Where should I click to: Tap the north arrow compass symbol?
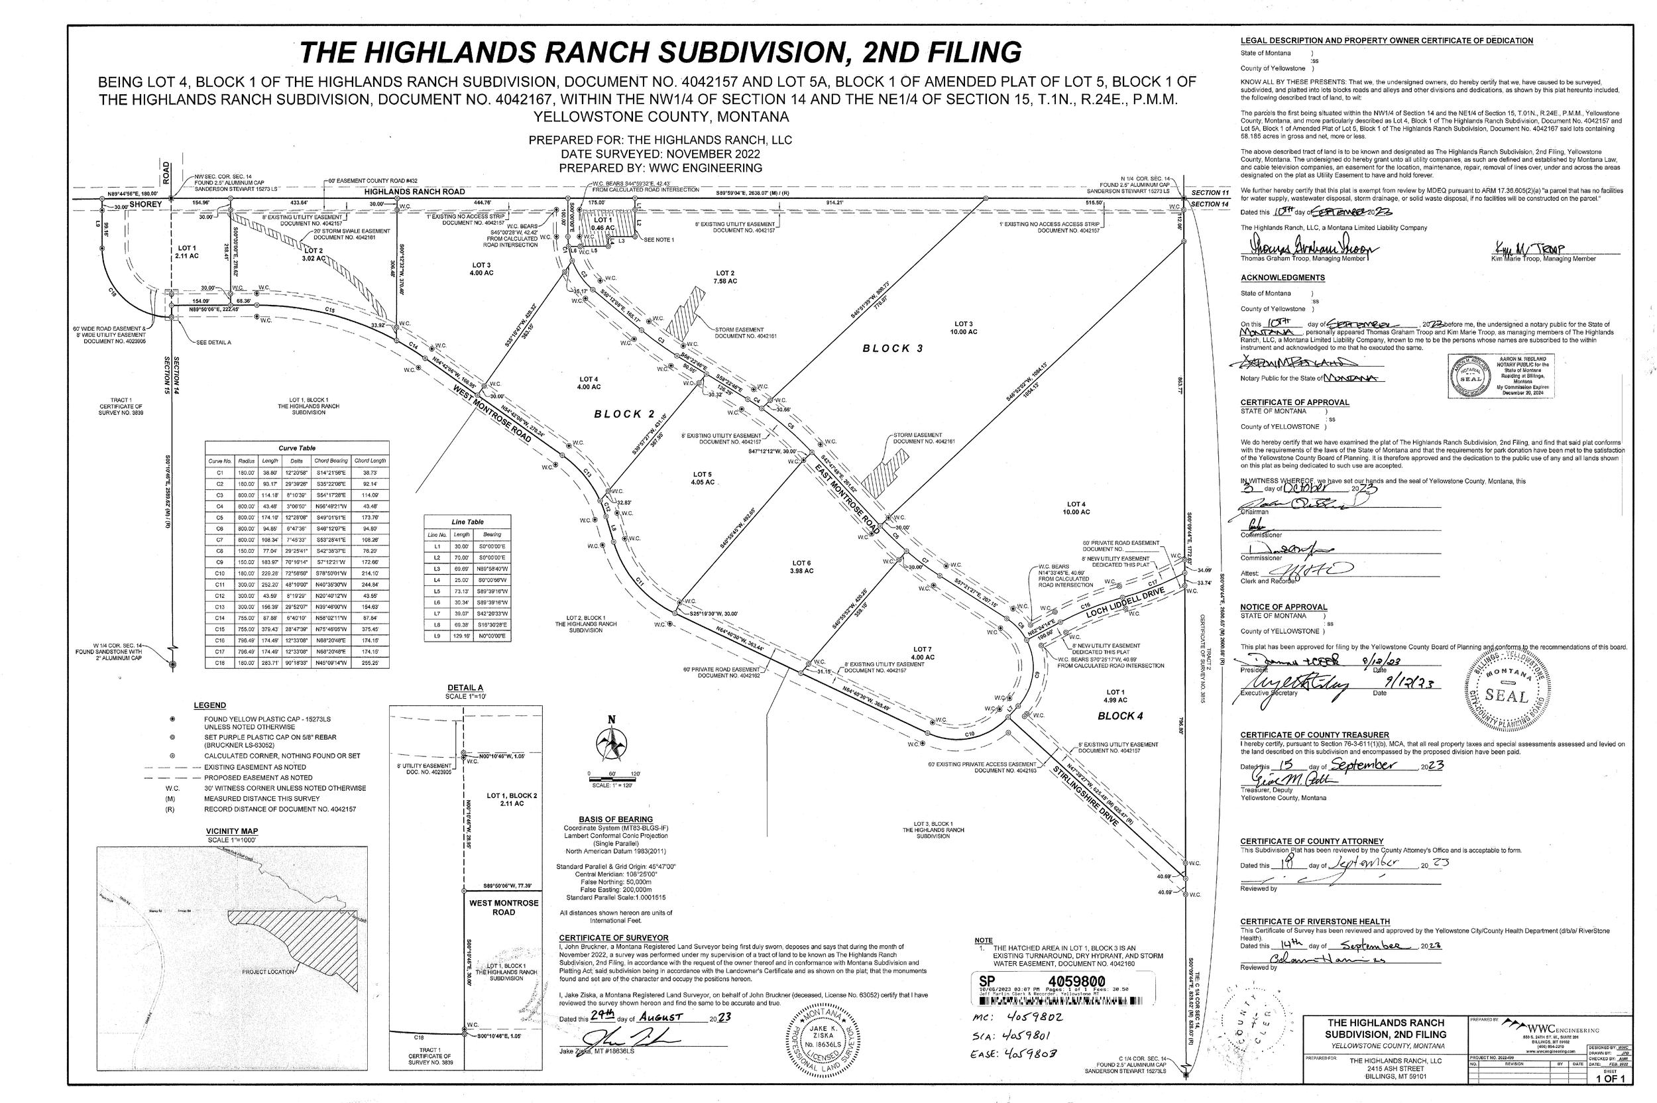point(612,742)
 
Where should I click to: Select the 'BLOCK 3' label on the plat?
point(893,348)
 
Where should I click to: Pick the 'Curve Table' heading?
point(297,448)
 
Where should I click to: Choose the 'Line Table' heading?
point(467,522)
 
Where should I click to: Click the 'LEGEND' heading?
point(209,705)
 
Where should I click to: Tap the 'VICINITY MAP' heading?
point(232,831)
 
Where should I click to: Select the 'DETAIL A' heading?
point(465,687)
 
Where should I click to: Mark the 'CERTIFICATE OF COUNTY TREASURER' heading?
point(1314,735)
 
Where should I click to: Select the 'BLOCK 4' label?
point(1120,716)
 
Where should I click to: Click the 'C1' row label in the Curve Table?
point(219,473)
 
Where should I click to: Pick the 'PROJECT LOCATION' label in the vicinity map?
point(268,972)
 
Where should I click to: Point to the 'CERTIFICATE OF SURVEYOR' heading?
point(613,938)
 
